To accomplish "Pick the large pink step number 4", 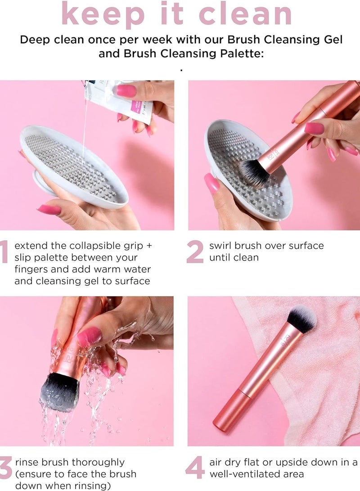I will point(195,468).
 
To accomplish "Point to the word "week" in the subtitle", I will point(149,39).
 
